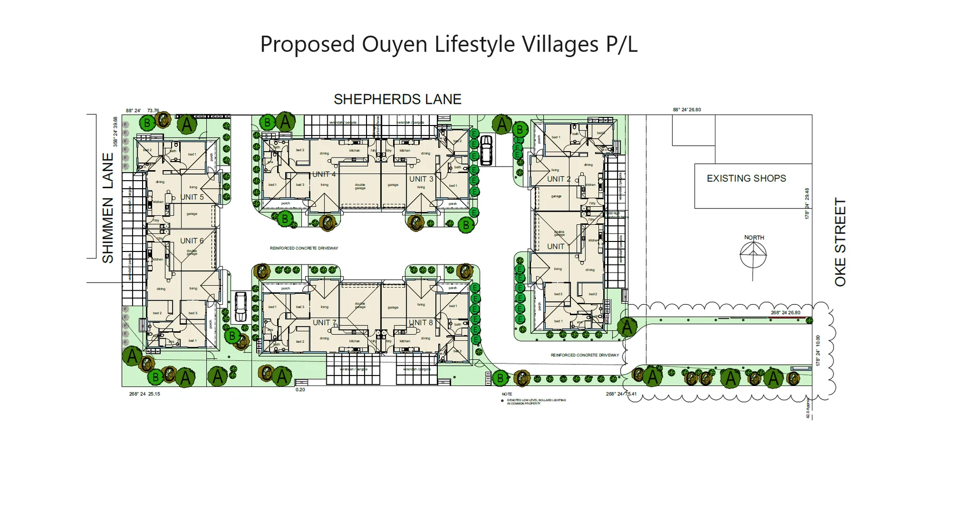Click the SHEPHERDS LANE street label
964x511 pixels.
(x=397, y=99)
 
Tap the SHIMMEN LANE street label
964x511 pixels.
(x=108, y=208)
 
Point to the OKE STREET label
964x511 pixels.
(x=840, y=242)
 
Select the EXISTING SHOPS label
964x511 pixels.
(x=746, y=178)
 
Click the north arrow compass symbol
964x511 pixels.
(x=753, y=255)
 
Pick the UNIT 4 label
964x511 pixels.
(x=324, y=174)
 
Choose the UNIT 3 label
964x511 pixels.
(x=421, y=179)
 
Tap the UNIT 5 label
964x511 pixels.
(x=192, y=197)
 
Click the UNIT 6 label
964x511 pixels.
(x=192, y=240)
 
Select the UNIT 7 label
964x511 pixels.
(x=324, y=322)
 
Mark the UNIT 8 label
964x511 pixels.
(x=420, y=322)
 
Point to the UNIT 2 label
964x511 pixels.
(x=558, y=179)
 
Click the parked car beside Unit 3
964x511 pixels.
(x=486, y=150)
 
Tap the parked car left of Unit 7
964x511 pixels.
(x=240, y=307)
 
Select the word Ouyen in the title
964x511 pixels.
(x=395, y=44)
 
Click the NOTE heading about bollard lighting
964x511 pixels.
(x=507, y=394)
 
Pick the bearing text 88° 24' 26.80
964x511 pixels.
(x=686, y=109)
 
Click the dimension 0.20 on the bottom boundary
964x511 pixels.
(x=300, y=390)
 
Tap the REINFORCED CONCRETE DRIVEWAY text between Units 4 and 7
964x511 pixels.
(x=304, y=248)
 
